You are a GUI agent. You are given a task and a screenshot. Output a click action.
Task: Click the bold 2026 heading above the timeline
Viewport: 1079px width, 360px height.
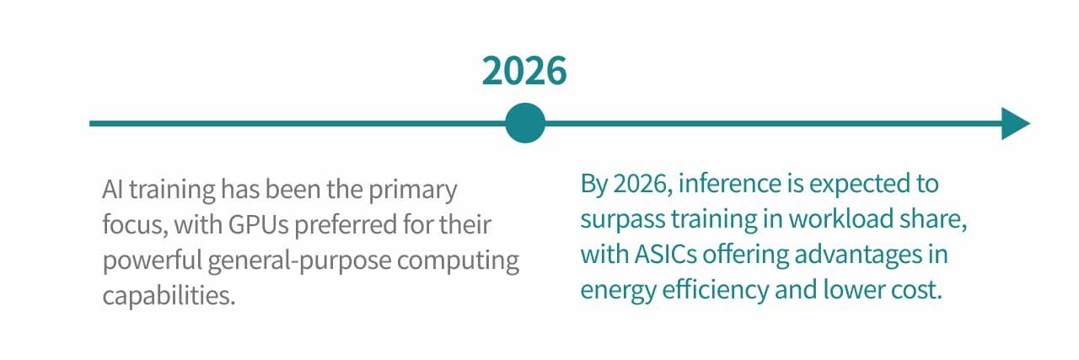(x=524, y=71)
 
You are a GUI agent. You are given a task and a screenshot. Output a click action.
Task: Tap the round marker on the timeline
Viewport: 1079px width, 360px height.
(x=525, y=123)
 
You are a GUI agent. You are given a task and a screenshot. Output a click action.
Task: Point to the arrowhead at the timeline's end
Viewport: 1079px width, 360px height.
(x=1016, y=123)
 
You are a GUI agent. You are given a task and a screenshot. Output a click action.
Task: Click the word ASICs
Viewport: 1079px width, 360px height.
(x=665, y=254)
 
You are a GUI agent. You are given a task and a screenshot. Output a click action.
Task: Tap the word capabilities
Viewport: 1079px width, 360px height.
(x=169, y=295)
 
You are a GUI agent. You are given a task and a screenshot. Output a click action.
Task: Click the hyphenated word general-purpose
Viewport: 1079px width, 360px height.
(x=299, y=261)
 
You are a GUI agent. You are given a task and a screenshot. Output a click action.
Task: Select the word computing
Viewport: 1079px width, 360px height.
(x=458, y=261)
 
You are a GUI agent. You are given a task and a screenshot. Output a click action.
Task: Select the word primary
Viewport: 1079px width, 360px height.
(x=413, y=190)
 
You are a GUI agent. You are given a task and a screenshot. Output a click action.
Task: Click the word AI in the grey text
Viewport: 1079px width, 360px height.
(x=113, y=189)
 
